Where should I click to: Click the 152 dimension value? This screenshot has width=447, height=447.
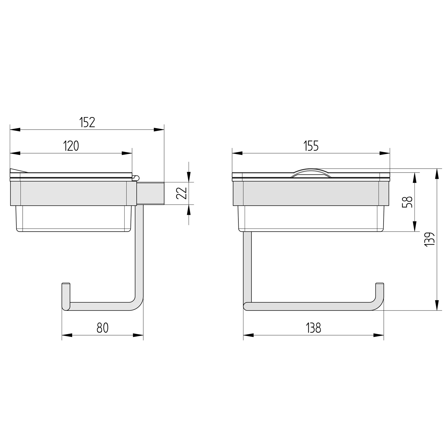point(87,122)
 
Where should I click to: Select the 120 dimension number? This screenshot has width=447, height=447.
point(71,146)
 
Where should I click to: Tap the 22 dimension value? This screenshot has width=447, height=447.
point(181,193)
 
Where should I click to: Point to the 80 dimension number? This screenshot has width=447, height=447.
point(103,328)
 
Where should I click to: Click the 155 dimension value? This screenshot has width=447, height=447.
point(311,146)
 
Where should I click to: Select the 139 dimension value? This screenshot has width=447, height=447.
point(430,239)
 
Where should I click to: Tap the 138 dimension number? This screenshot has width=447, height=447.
point(313,328)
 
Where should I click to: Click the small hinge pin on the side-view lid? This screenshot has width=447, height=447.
point(136,178)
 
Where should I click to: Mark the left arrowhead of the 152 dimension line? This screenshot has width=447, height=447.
point(15,130)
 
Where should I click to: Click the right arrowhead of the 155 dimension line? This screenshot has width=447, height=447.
point(385,153)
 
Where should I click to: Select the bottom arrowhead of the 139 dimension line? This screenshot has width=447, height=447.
point(437,305)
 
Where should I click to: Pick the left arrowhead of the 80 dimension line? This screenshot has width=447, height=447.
point(67,335)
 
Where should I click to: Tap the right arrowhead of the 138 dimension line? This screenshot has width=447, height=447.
point(379,335)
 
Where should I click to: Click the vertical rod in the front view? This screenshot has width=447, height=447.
point(247,265)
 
